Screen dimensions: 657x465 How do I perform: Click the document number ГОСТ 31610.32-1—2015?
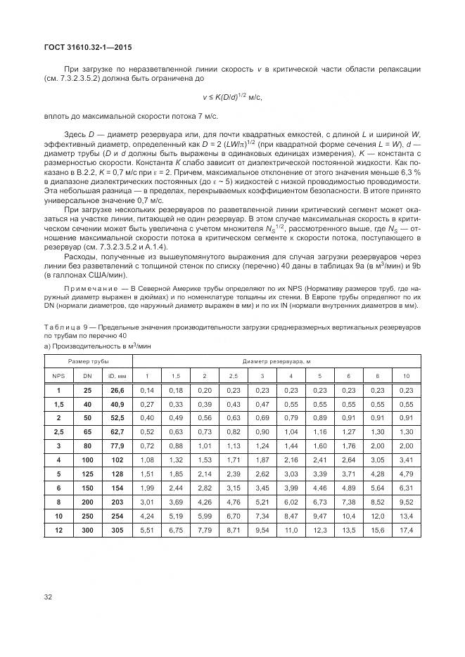click(84, 47)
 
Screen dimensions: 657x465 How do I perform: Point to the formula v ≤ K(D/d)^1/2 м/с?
click(232, 98)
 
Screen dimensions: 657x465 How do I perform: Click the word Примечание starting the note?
click(88, 290)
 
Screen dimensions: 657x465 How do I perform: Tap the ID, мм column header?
click(117, 376)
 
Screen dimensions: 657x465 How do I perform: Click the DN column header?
click(88, 376)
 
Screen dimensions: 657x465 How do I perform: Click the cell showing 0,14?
click(146, 390)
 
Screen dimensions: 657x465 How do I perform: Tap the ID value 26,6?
click(117, 390)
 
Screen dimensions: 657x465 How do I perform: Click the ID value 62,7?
click(117, 431)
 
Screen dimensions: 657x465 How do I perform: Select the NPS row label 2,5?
click(59, 431)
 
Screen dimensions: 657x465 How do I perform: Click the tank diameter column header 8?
click(377, 376)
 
